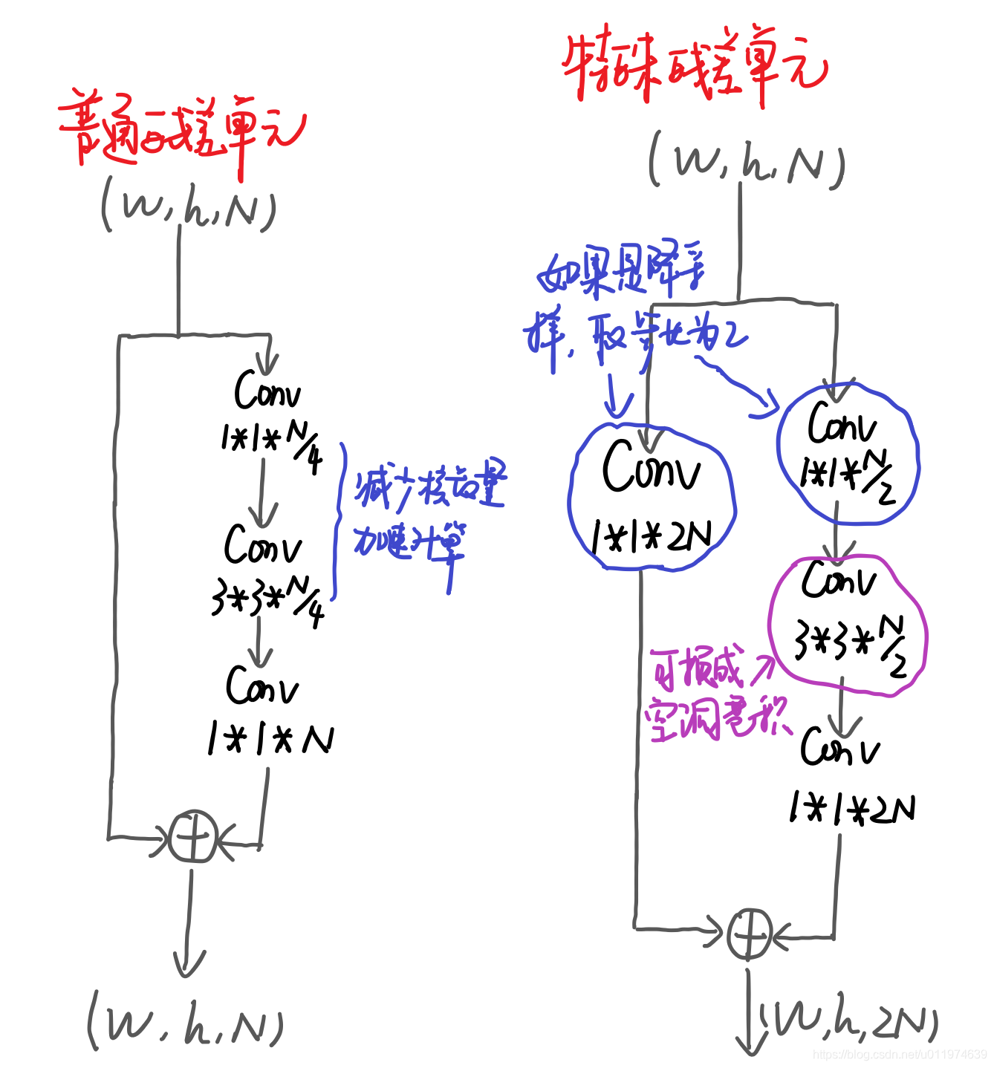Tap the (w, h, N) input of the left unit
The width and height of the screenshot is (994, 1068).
[x=189, y=207]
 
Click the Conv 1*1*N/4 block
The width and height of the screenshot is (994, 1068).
[x=269, y=419]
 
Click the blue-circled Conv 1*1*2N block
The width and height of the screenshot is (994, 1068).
[x=652, y=498]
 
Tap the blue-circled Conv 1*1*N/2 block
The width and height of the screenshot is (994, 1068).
[x=847, y=453]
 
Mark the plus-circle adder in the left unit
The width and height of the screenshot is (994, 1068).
[x=192, y=836]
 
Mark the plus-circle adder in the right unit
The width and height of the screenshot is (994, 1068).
[x=748, y=934]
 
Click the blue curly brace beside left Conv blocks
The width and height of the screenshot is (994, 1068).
[x=339, y=520]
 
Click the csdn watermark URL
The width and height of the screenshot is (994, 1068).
[x=899, y=1055]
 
